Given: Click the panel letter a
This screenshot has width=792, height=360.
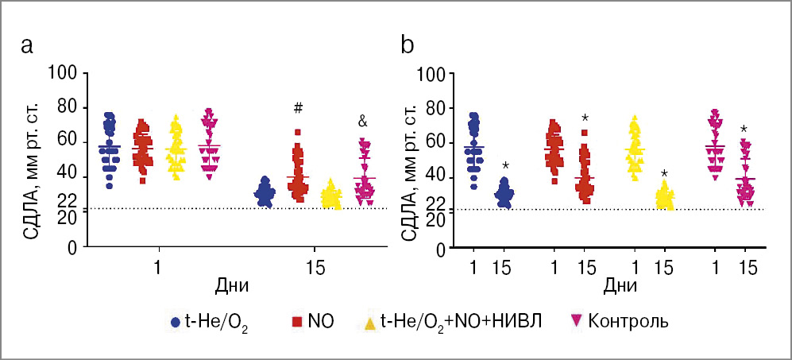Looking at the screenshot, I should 27,46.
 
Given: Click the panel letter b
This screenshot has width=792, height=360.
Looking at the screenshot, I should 408,45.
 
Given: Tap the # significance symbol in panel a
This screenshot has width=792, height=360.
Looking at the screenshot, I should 299,108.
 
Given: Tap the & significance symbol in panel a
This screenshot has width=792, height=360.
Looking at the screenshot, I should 362,122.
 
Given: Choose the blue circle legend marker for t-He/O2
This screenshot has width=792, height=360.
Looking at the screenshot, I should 176,322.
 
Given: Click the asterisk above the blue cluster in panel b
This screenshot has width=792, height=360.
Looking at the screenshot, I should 505,165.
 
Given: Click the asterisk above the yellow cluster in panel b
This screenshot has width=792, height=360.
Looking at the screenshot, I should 664,174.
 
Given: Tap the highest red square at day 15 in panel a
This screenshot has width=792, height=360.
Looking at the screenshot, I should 297,132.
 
